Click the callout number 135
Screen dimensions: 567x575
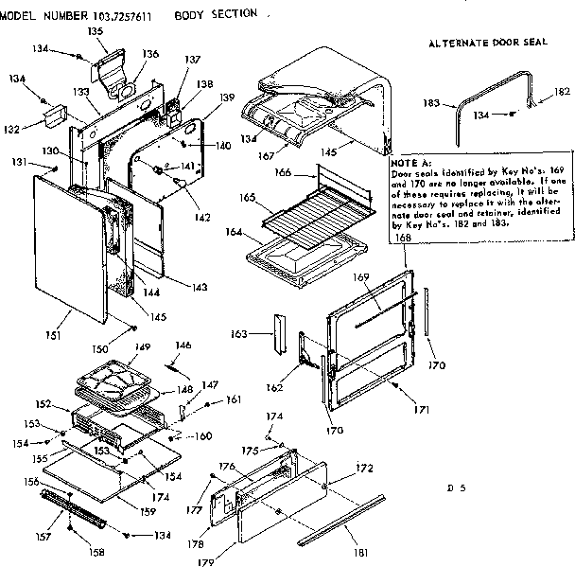(96, 31)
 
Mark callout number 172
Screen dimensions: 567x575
(364, 468)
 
